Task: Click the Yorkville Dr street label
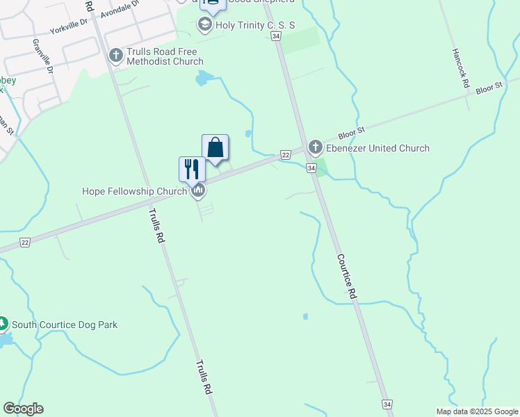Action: (68, 29)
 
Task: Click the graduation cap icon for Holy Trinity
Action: (204, 26)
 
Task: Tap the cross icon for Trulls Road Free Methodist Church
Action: (116, 54)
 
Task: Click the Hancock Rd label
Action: (461, 68)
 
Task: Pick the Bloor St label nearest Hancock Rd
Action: (489, 88)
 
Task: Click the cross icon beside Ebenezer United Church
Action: (315, 147)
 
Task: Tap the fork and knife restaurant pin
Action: (192, 168)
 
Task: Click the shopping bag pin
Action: (216, 147)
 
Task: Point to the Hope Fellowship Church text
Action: (134, 191)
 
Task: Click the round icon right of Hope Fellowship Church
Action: (198, 190)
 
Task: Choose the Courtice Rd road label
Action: (347, 276)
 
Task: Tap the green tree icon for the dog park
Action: (3, 324)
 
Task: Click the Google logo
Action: (23, 409)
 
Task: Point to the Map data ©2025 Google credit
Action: (476, 411)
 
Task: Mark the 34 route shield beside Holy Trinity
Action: (277, 35)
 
